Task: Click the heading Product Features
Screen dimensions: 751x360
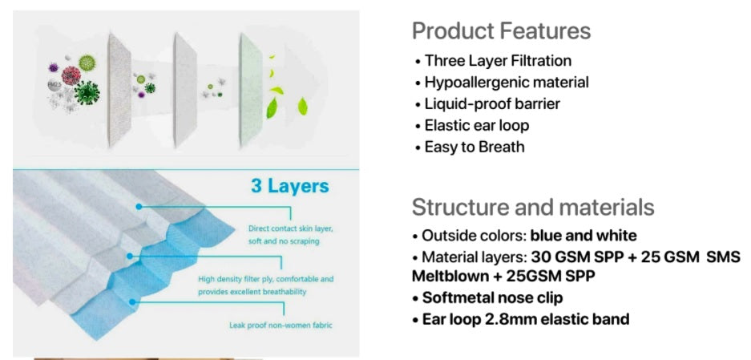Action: (x=502, y=31)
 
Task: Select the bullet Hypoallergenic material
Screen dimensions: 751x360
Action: (x=507, y=83)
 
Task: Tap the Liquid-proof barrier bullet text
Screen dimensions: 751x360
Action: (x=492, y=103)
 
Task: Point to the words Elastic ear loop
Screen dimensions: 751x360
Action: (x=477, y=125)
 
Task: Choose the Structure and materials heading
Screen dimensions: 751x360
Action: (x=533, y=207)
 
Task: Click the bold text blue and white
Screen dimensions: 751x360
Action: (x=583, y=236)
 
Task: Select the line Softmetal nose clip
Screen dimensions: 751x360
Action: (x=492, y=297)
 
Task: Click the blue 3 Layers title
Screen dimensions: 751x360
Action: (x=290, y=186)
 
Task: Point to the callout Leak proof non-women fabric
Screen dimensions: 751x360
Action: (x=281, y=326)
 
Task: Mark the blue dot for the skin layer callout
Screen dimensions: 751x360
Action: (x=139, y=207)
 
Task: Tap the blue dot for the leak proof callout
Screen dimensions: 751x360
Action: (x=133, y=302)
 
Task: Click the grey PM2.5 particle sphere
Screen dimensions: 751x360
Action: (x=55, y=86)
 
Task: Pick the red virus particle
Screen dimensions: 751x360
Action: (x=71, y=75)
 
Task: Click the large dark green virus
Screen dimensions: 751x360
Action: (x=87, y=92)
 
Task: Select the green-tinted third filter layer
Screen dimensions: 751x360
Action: (x=251, y=90)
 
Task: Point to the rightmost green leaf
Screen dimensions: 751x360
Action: (x=303, y=107)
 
